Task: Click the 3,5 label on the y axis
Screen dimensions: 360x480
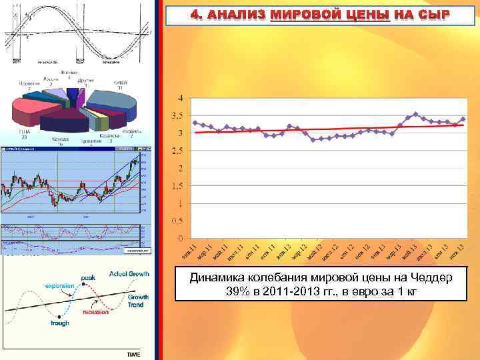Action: pyautogui.click(x=178, y=116)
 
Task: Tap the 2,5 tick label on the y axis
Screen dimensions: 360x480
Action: pyautogui.click(x=178, y=151)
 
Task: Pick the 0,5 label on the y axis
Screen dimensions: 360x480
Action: pyautogui.click(x=178, y=221)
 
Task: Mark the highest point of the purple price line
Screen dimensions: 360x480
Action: pyautogui.click(x=415, y=114)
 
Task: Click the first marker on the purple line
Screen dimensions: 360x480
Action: pyautogui.click(x=195, y=123)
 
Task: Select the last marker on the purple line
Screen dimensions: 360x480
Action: pyautogui.click(x=463, y=119)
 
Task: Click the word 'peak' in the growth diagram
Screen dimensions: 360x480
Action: pyautogui.click(x=88, y=277)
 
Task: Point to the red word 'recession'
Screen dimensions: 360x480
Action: pyautogui.click(x=95, y=311)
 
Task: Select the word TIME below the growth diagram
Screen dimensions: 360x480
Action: pyautogui.click(x=133, y=354)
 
